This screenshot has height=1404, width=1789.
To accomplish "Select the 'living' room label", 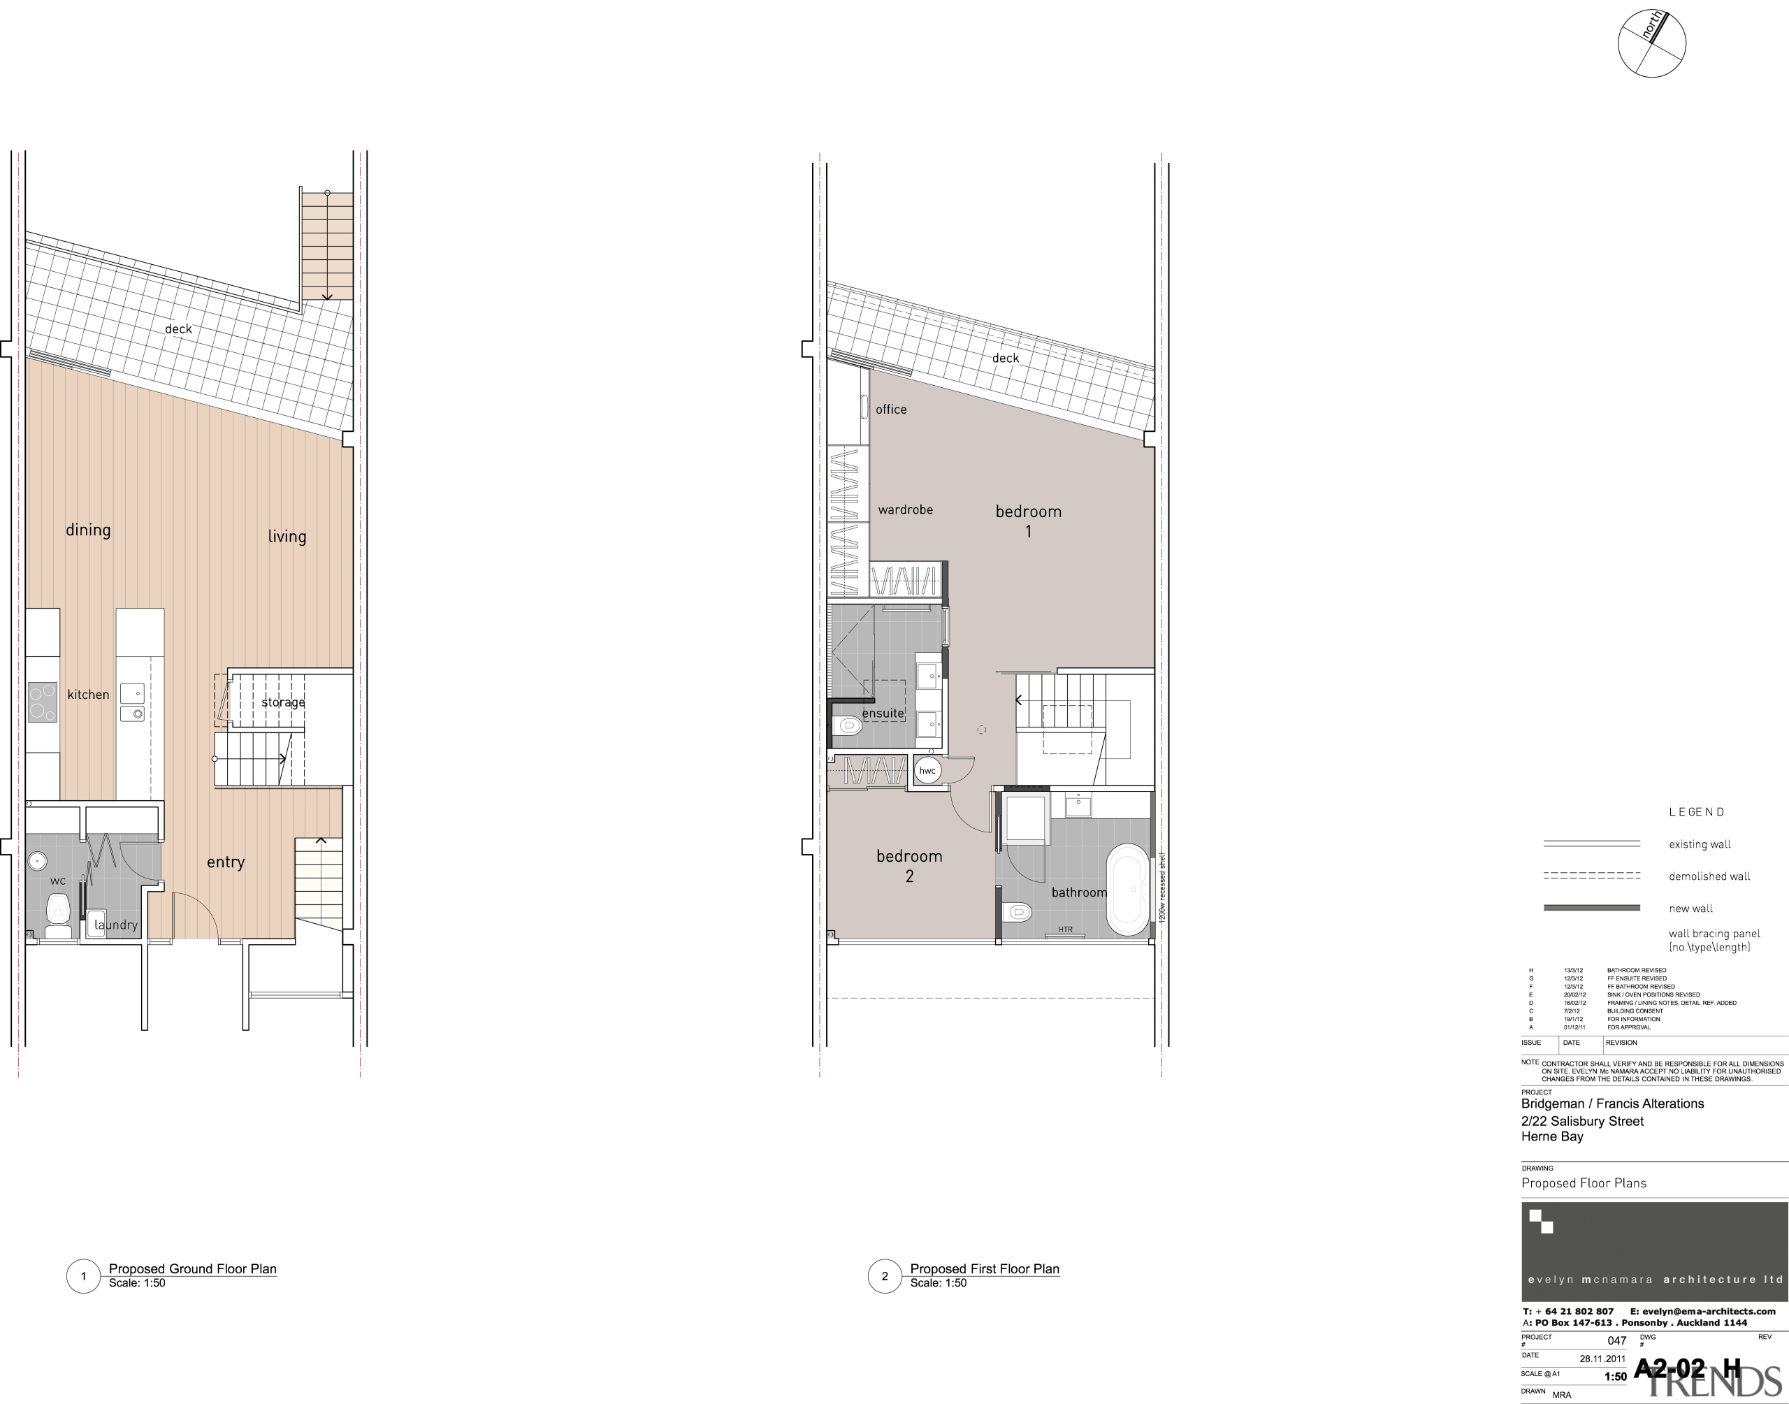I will coord(287,537).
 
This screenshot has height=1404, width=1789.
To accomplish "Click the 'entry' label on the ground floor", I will coord(225,862).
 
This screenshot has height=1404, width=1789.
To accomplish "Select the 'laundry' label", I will coord(116,925).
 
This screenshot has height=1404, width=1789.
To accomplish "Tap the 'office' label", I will coord(891,410).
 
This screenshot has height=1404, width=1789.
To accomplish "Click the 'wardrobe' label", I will coord(905,509).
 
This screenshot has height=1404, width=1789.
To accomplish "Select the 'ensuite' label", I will coord(883,714).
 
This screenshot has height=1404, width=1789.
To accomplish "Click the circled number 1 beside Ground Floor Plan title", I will coord(83,1277).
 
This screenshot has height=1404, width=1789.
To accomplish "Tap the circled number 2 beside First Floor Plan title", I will coord(884,1277).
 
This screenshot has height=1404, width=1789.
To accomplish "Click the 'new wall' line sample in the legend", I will coord(1592,909).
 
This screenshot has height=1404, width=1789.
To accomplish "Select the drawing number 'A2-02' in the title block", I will coord(1669,1368).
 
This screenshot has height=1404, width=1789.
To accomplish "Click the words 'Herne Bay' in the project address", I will coord(1551,1136).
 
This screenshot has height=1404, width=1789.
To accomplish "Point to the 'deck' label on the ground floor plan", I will coord(178,328).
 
